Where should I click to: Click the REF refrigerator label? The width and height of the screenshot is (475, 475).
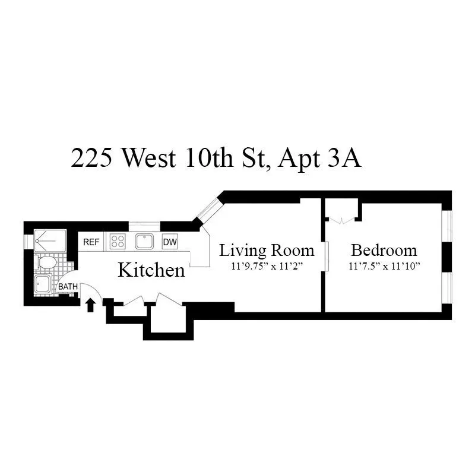click(x=91, y=242)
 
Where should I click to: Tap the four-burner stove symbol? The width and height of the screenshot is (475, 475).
click(x=118, y=242)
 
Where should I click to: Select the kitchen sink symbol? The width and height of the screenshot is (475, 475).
click(x=144, y=241)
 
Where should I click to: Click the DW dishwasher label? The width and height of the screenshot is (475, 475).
click(x=170, y=242)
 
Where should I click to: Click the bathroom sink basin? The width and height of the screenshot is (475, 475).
click(x=43, y=284)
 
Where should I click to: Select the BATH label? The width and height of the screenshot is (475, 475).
click(x=68, y=287)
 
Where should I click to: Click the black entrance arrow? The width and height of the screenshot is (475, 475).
click(x=90, y=305)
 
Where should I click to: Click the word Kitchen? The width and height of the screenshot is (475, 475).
click(x=151, y=271)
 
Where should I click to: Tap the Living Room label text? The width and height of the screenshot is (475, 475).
click(x=267, y=250)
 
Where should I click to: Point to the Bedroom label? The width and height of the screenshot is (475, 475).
click(x=384, y=250)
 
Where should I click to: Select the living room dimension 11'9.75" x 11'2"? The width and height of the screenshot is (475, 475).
click(x=267, y=266)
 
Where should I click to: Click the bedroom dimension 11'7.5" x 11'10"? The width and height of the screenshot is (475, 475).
click(x=384, y=266)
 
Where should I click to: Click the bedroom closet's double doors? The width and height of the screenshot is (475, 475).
click(x=342, y=221)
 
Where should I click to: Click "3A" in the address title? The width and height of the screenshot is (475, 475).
click(x=344, y=159)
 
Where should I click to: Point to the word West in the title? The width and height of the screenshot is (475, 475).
click(x=147, y=159)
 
